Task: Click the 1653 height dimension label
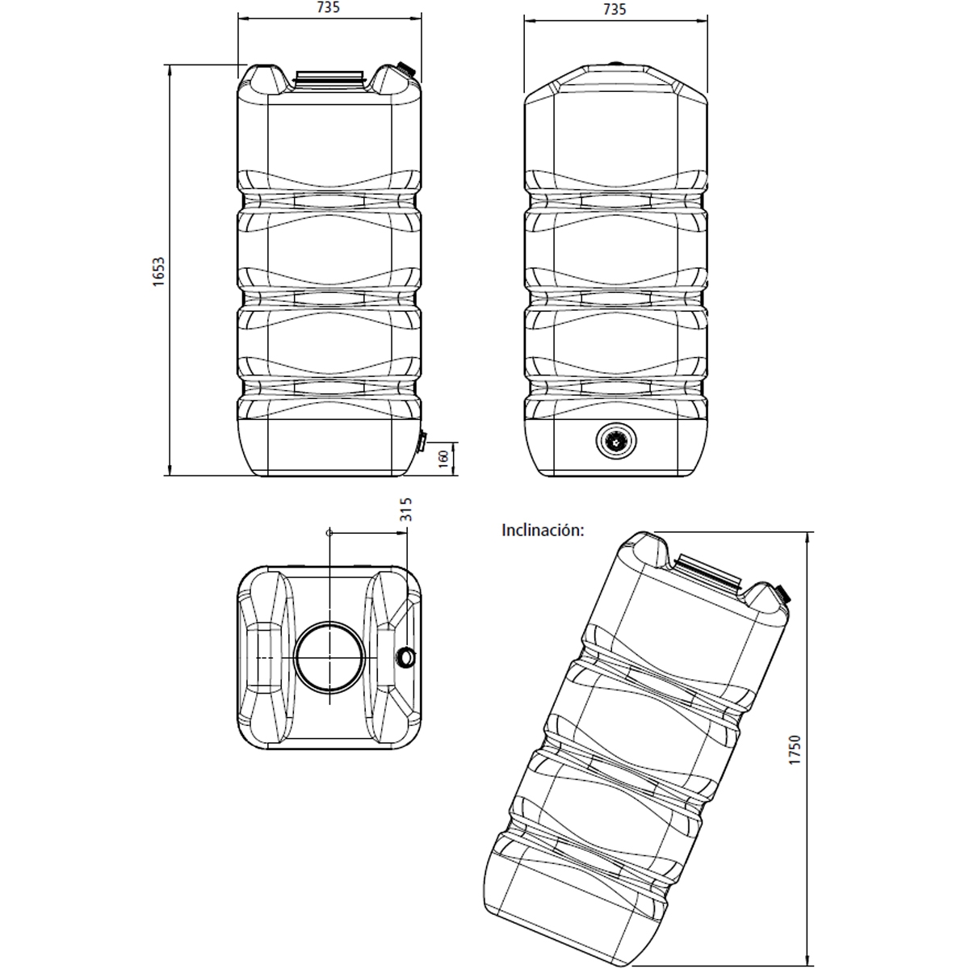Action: point(159,272)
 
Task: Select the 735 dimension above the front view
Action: point(329,7)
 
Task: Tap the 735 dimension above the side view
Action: point(615,9)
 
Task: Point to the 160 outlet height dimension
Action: point(443,459)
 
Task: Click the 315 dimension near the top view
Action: point(407,509)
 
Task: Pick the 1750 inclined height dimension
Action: point(794,749)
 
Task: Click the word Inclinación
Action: point(543,531)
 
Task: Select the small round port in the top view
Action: point(405,656)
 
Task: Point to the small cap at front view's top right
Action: point(405,67)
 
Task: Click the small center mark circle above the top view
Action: point(329,532)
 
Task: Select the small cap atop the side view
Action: point(615,63)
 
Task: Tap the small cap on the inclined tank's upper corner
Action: point(784,594)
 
